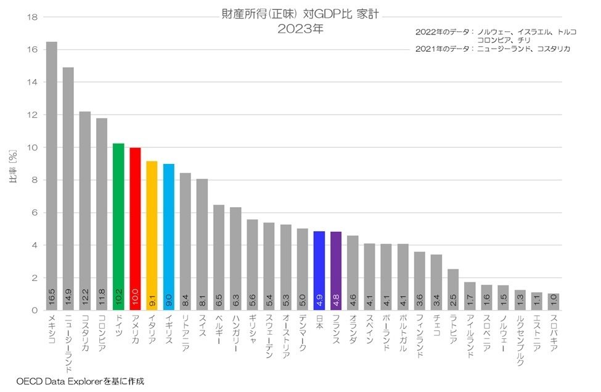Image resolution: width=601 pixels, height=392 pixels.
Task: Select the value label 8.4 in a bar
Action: [185, 301]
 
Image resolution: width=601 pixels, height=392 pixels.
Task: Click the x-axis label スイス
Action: [202, 326]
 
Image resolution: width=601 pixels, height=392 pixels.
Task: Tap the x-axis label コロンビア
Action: [102, 333]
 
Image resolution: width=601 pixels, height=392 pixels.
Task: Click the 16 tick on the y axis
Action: [33, 50]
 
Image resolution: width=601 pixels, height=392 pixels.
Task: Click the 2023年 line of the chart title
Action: [300, 28]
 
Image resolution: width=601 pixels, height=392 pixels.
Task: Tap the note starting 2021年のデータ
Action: [493, 49]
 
